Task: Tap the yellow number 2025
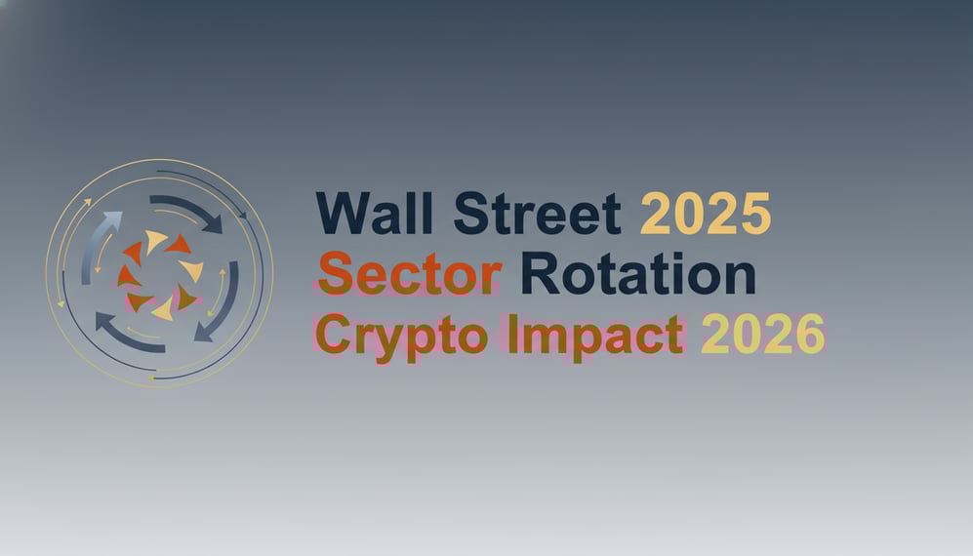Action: point(705,214)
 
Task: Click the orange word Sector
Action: point(409,275)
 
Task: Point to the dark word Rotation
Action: point(637,275)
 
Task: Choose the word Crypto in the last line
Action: point(404,337)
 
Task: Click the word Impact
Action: point(594,335)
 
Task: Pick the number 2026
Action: point(762,335)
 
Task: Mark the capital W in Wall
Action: point(339,214)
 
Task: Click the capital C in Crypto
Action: point(334,337)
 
